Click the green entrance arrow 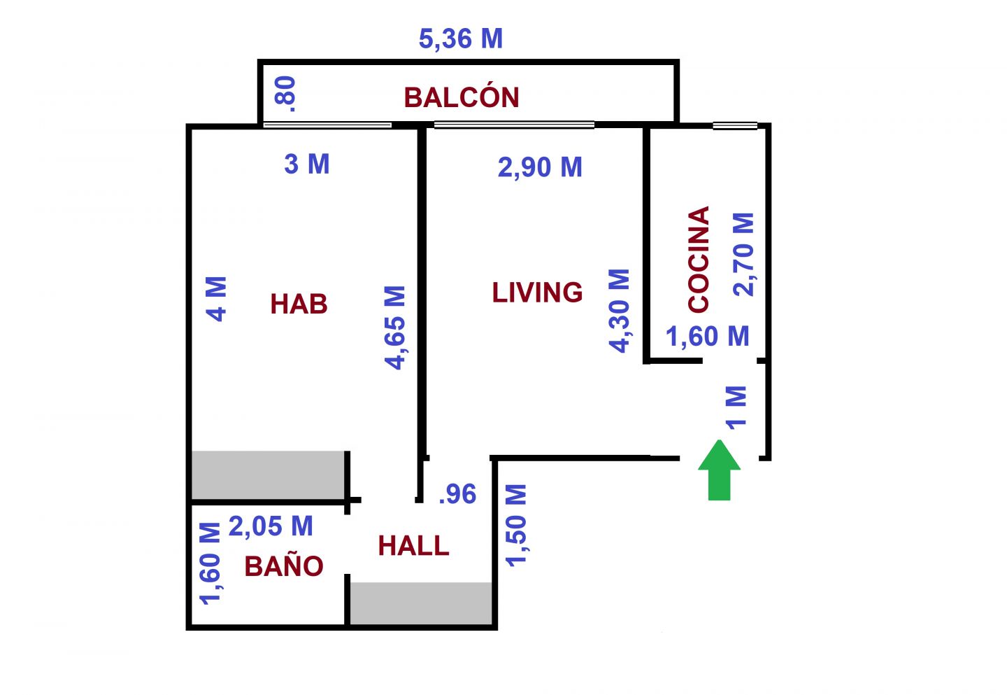(x=719, y=470)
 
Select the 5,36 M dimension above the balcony (x=461, y=39)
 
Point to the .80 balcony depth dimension (x=285, y=94)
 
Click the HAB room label (x=299, y=304)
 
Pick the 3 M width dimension (x=307, y=164)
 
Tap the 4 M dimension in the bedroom (x=216, y=299)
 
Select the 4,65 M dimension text (x=394, y=328)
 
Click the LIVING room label (x=538, y=293)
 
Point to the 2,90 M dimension (x=540, y=167)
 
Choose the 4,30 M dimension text (x=619, y=311)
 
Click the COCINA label (x=699, y=260)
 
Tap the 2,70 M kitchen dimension (x=743, y=255)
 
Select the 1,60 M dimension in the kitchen (x=708, y=336)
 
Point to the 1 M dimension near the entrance (x=736, y=407)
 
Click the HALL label (x=413, y=546)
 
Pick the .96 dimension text (x=457, y=494)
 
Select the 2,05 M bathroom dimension (x=271, y=526)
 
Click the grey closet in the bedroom (x=268, y=475)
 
